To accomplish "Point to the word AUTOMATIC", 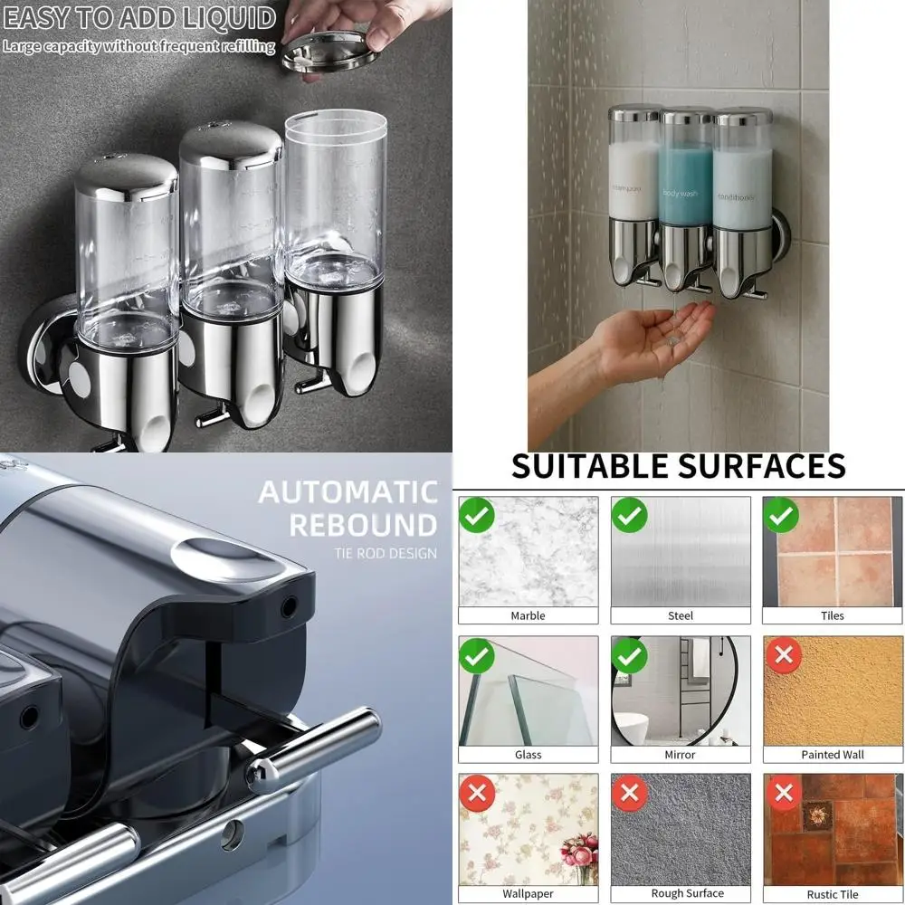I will coord(348,492).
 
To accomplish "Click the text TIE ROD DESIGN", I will coord(386,553).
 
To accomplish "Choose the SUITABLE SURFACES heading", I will coord(678,466).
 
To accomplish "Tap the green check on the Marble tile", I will coord(477,515).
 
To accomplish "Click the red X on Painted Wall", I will coord(782,654).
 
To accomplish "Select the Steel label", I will coord(680,615).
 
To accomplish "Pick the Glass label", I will coord(528,755).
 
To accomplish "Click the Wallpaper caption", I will coord(528,893).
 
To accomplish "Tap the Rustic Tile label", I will coord(833,894).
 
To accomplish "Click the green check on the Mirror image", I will coord(629,654).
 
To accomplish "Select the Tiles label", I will coord(833,615).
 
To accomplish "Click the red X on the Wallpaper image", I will coord(477,794).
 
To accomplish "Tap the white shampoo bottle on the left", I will coord(634,172).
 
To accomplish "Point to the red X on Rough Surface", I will coord(629,794).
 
